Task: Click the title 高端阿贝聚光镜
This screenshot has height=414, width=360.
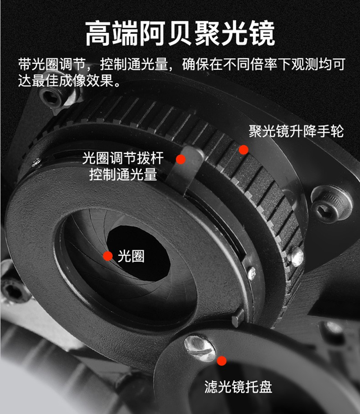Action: click(181, 33)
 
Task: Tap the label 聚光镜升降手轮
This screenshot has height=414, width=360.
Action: click(296, 131)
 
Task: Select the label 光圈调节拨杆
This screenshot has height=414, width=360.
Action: click(123, 158)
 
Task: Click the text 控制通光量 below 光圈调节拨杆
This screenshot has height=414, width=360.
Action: click(123, 174)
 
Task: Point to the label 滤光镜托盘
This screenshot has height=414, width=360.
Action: click(238, 387)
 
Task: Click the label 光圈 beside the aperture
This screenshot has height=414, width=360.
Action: click(131, 256)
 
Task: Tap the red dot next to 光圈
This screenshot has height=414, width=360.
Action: click(108, 256)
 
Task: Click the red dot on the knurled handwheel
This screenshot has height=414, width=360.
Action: click(244, 150)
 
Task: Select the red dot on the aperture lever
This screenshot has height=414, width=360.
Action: click(181, 159)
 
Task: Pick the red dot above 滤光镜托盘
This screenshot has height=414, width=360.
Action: click(221, 361)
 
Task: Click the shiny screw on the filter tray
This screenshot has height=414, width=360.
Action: click(200, 348)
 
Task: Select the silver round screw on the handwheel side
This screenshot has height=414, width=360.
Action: click(296, 257)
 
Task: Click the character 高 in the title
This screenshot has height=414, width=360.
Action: click(99, 34)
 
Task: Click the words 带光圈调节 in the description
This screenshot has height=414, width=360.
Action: click(52, 64)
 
